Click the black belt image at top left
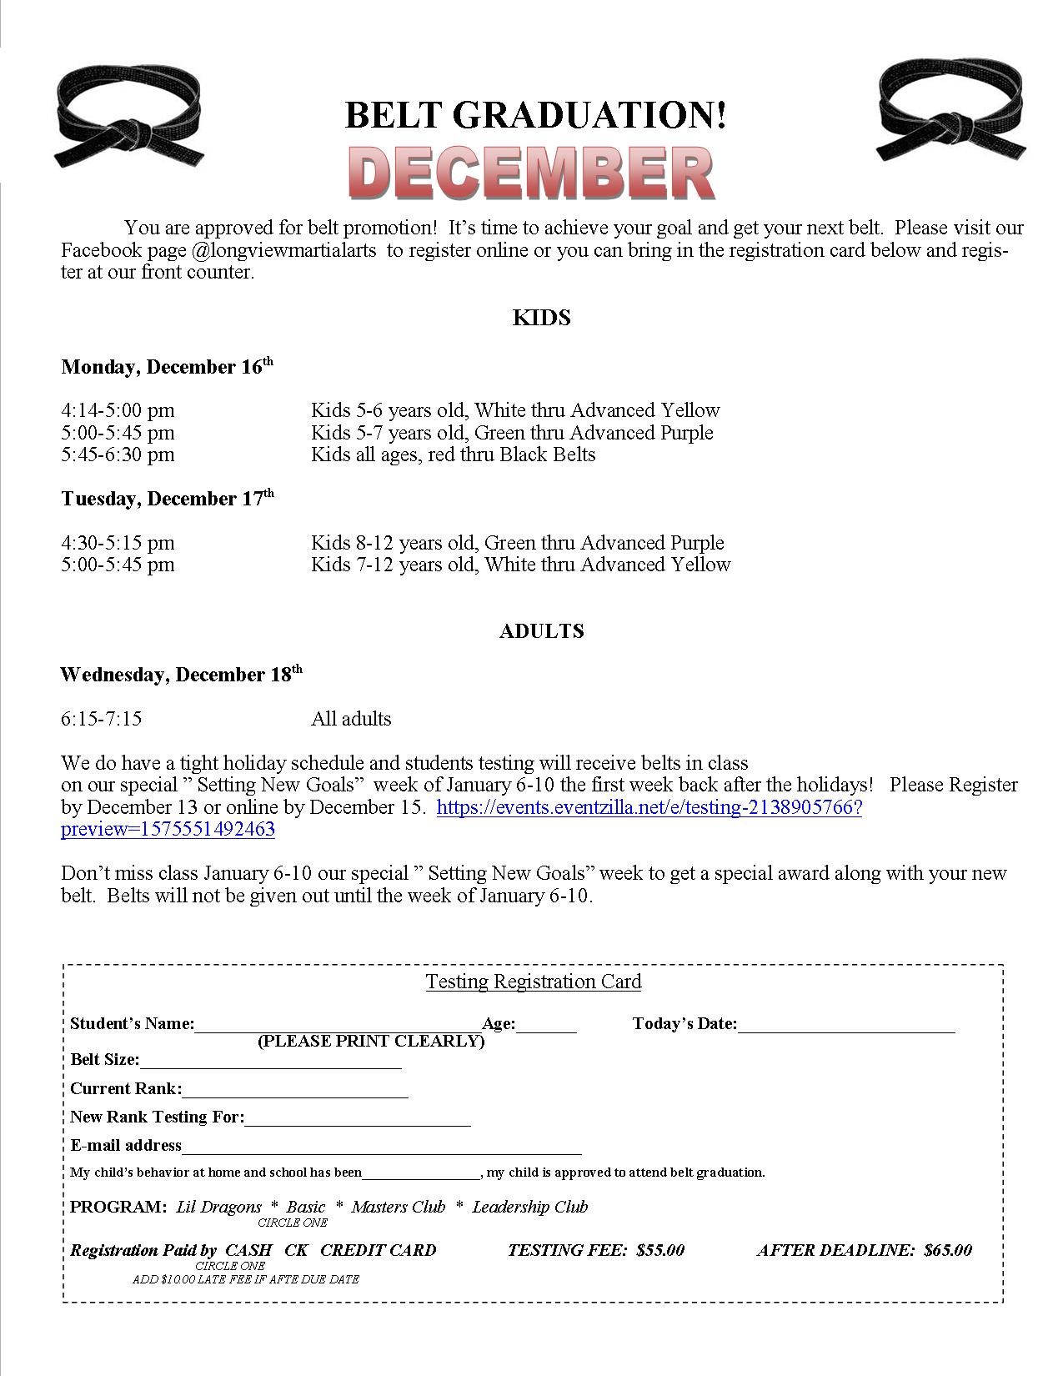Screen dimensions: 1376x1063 coord(131,118)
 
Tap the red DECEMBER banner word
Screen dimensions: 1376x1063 coord(530,173)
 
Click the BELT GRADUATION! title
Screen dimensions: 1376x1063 coord(535,115)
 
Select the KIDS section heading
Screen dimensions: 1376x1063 coord(541,318)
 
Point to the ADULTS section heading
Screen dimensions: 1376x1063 coord(541,631)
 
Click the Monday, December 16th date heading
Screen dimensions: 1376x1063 coord(167,367)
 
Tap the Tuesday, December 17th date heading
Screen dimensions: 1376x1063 coord(167,499)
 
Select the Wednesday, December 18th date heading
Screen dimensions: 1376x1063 coord(181,675)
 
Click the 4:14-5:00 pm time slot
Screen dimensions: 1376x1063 coord(118,410)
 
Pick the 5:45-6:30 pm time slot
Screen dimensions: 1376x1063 coord(118,454)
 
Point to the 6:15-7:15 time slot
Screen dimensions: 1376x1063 coord(102,719)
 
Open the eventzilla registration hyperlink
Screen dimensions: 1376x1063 coord(649,808)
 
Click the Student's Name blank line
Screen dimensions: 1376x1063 coord(338,1026)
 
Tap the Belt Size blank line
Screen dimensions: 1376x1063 coord(270,1062)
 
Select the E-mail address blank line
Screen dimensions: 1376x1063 coord(381,1148)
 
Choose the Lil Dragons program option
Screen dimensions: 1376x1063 coord(218,1207)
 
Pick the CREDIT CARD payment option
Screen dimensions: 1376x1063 coord(378,1250)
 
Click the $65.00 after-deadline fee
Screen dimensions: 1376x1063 coord(948,1250)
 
